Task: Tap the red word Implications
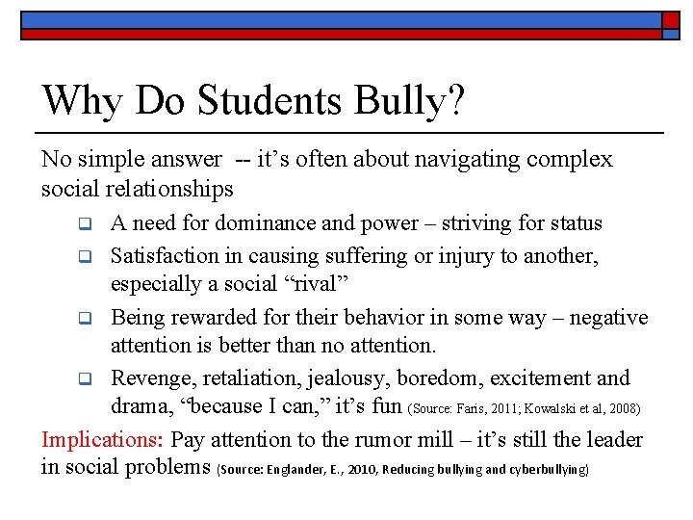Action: [x=103, y=440]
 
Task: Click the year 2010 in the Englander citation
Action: [x=359, y=471]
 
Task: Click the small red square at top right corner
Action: [x=671, y=20]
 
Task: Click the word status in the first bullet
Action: [x=576, y=224]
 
